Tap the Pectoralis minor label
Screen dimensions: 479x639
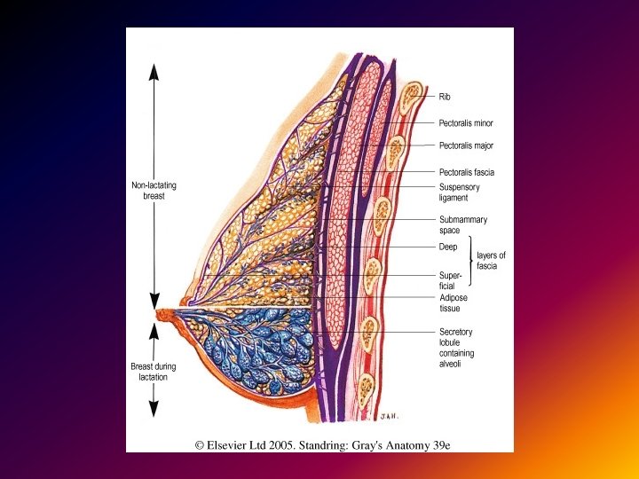tap(466, 123)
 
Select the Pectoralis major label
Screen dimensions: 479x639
tap(466, 145)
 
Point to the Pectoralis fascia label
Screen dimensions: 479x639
tap(467, 172)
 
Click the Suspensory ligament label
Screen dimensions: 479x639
tap(461, 192)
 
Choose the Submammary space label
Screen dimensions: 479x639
tap(462, 224)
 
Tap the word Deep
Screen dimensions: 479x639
tap(448, 247)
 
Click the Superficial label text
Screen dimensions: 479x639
tap(451, 280)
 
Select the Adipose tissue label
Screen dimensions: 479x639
tap(454, 303)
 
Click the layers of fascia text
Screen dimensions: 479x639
tap(493, 260)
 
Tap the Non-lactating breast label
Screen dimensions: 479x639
tap(154, 191)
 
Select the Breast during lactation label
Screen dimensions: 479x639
tap(154, 372)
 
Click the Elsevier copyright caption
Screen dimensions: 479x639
tap(322, 444)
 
